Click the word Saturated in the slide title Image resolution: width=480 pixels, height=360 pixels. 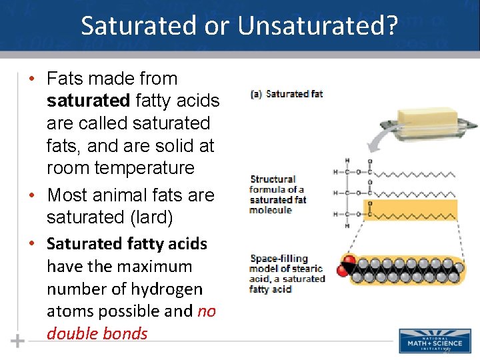[x=137, y=26]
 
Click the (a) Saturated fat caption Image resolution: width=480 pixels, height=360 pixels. [x=287, y=94]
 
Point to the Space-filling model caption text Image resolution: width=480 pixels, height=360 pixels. [x=287, y=273]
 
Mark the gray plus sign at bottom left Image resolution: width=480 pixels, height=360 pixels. [x=17, y=341]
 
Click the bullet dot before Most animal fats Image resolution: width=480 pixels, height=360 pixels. [x=31, y=196]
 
